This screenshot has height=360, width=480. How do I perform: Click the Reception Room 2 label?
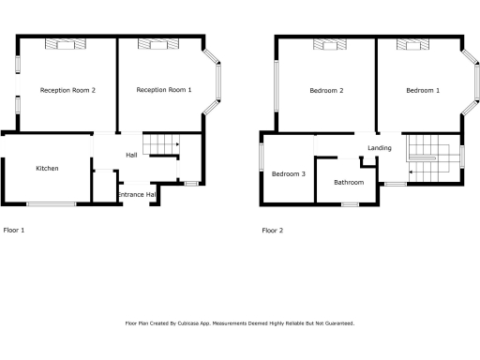67,90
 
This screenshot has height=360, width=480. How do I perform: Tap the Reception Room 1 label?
164,90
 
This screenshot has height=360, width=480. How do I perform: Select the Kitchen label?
47,169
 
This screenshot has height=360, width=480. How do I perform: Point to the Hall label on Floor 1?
132,155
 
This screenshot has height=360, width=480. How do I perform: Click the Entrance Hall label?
137,194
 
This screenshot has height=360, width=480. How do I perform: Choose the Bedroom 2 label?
326,90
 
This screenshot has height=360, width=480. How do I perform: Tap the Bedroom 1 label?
422,90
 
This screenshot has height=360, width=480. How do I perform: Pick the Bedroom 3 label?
289,173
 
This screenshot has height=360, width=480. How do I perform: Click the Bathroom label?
349,182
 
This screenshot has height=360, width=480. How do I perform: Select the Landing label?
380,148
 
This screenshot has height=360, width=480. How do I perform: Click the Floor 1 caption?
14,230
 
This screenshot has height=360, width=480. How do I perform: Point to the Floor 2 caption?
272,230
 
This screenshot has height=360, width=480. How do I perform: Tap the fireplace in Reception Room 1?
152,43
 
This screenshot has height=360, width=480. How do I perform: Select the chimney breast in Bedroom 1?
412,43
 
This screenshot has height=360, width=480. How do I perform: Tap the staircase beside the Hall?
165,144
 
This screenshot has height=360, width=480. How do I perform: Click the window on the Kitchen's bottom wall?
52,203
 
